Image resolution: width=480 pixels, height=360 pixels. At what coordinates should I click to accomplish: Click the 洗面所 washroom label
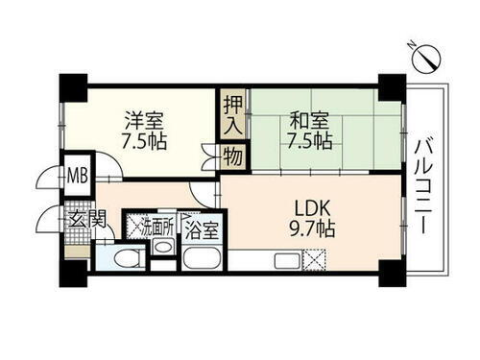coord(159,228)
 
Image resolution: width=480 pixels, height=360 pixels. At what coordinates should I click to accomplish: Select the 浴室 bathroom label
coord(201,230)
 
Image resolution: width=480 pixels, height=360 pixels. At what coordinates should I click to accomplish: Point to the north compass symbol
coord(423,60)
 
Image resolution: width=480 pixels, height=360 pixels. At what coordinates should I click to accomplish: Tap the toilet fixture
coord(126,257)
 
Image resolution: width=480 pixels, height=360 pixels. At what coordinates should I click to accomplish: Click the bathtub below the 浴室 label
coord(202,258)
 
